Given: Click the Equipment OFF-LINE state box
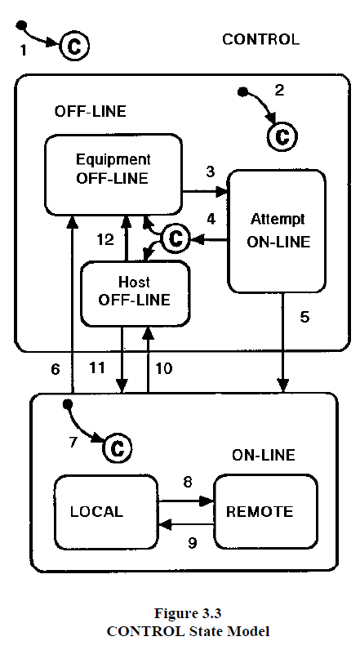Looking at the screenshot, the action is click(x=113, y=175).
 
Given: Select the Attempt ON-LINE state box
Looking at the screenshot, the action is click(x=276, y=231).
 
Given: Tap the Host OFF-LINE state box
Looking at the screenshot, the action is click(x=135, y=293).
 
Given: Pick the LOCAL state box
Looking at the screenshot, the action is click(x=106, y=512).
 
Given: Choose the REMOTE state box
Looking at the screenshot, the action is click(x=265, y=512).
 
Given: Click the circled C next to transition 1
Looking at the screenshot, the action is click(x=74, y=46).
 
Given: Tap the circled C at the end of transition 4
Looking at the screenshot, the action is click(x=176, y=238).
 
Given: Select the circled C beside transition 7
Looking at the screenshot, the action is click(x=118, y=447).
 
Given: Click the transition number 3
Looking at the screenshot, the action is click(x=211, y=171).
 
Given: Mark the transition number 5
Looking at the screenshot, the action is click(x=304, y=318).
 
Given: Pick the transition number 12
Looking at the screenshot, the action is click(x=105, y=238).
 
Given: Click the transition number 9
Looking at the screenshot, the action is click(x=192, y=543).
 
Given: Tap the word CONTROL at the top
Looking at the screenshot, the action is click(x=261, y=39).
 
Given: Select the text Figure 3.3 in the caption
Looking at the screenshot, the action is click(x=188, y=612).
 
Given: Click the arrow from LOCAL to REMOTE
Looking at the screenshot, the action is click(x=186, y=501).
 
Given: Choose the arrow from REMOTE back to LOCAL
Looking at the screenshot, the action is click(x=186, y=525).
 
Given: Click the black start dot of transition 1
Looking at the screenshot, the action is click(x=21, y=25).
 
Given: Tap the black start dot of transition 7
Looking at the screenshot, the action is click(x=68, y=403).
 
